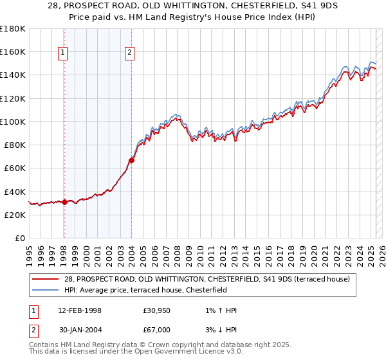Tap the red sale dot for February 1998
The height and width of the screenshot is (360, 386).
point(64,202)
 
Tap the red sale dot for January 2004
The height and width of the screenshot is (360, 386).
point(131,160)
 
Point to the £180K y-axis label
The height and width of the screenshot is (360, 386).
point(12,28)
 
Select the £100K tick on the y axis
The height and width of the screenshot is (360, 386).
point(12,122)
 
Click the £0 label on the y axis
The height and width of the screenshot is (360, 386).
point(19,239)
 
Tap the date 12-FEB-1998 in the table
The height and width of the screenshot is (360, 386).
point(77,310)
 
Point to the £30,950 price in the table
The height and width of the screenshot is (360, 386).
point(156,310)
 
